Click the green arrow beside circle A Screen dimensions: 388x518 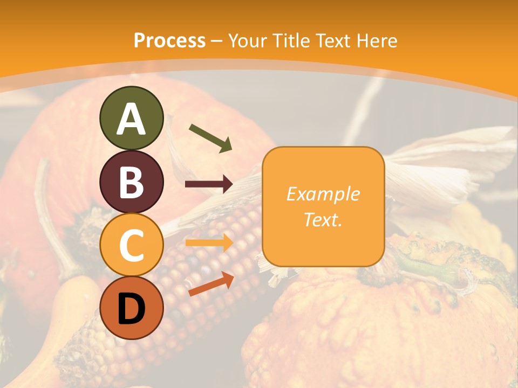(x=210, y=138)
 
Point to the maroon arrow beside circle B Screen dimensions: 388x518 (x=209, y=184)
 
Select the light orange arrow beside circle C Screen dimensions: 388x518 (x=209, y=243)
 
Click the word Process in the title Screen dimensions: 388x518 (x=169, y=40)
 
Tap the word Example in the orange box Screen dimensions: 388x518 (x=323, y=194)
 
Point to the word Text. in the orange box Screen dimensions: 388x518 (x=323, y=219)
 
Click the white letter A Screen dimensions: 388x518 (x=132, y=119)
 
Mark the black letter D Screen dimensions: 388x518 (x=132, y=308)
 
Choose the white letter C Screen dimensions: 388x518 (x=132, y=245)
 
